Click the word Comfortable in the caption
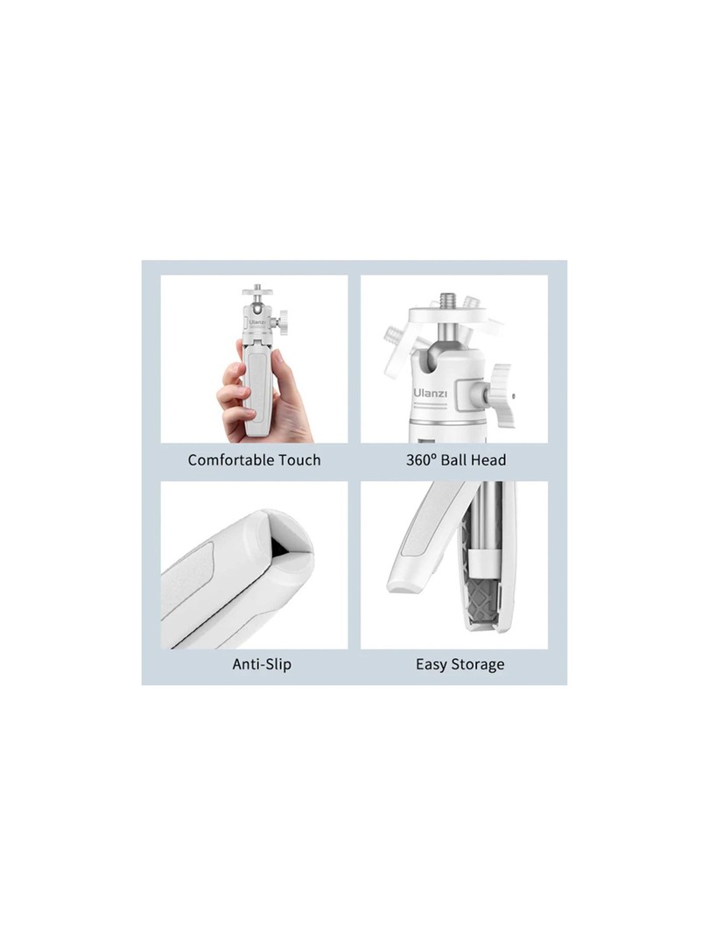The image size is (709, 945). tap(228, 460)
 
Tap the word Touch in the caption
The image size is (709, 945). tap(296, 460)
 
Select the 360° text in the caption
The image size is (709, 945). tap(421, 460)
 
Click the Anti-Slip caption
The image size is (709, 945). tap(262, 664)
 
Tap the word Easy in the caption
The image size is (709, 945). tap(431, 665)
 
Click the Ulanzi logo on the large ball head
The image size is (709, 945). tap(431, 394)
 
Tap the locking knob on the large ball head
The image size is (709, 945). tap(500, 395)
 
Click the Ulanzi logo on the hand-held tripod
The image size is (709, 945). tap(258, 322)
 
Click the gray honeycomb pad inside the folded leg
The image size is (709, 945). tap(481, 600)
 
